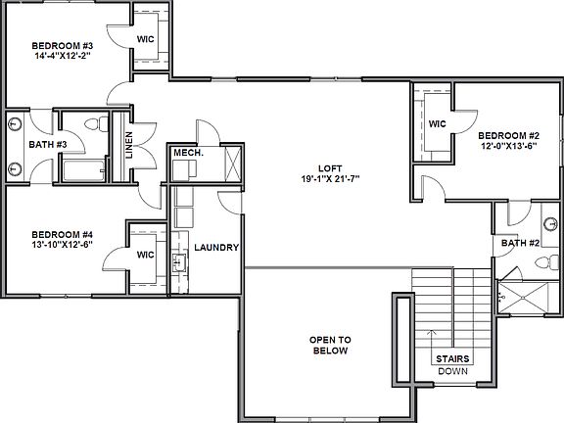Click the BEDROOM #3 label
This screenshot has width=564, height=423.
63,45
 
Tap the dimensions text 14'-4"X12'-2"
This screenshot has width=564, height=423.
63,57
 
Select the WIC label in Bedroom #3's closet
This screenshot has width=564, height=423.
146,39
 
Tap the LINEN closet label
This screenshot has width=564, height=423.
129,147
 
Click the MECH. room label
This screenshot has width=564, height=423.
186,153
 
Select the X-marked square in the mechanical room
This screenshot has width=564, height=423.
233,160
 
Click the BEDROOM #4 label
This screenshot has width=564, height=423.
62,234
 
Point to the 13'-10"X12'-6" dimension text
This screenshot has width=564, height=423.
62,246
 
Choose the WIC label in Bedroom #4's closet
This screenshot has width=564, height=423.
146,254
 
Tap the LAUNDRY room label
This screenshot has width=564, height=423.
216,249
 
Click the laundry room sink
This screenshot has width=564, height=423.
180,261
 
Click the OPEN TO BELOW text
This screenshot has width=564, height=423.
331,345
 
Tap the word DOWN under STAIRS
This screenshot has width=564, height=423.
451,371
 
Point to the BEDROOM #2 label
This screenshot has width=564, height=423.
506,135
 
